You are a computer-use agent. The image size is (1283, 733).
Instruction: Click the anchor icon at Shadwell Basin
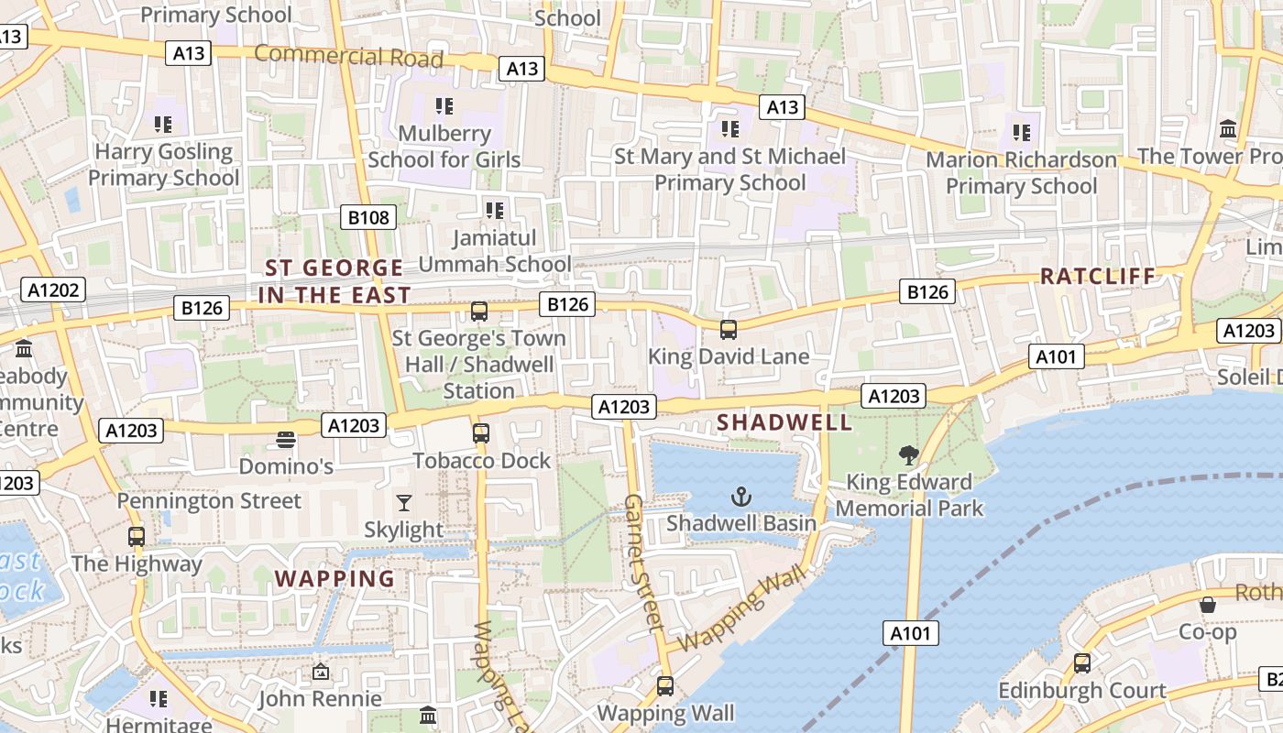[x=740, y=498]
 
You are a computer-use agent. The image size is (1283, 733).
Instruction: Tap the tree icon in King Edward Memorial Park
[x=909, y=455]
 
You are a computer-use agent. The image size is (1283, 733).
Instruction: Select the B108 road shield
[x=369, y=217]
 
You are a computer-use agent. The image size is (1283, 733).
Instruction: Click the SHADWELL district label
[x=784, y=422]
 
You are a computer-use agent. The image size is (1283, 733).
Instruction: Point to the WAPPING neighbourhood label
[x=334, y=579]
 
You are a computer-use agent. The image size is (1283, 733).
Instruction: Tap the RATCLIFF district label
[x=1098, y=276]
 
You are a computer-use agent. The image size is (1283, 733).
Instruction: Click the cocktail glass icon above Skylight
[x=403, y=502]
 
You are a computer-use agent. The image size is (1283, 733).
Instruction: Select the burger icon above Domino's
[x=285, y=440]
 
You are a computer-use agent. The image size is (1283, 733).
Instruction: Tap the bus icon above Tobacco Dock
[x=481, y=433]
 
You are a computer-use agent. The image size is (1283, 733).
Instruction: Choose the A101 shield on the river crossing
[x=912, y=633]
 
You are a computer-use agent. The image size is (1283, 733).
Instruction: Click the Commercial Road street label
[x=348, y=57]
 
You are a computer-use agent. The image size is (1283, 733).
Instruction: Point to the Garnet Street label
[x=643, y=563]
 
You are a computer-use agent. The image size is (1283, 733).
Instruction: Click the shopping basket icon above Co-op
[x=1208, y=605]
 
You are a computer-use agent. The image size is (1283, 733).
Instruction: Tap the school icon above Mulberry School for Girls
[x=444, y=106]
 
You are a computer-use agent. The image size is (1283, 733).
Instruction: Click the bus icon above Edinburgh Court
[x=1082, y=662]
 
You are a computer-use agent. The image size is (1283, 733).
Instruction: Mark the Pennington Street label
[x=209, y=501]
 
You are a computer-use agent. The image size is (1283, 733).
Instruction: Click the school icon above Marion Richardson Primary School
[x=1022, y=133]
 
